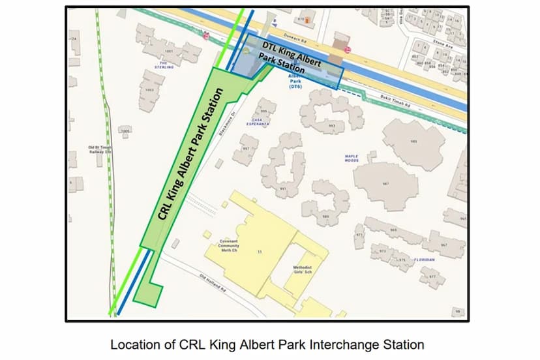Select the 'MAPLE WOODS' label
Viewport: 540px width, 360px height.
pyautogui.click(x=352, y=158)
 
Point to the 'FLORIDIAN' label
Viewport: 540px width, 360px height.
pyautogui.click(x=424, y=259)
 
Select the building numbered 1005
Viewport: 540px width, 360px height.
pyautogui.click(x=125, y=131)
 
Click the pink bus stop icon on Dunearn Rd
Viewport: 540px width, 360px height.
pyautogui.click(x=207, y=37)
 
